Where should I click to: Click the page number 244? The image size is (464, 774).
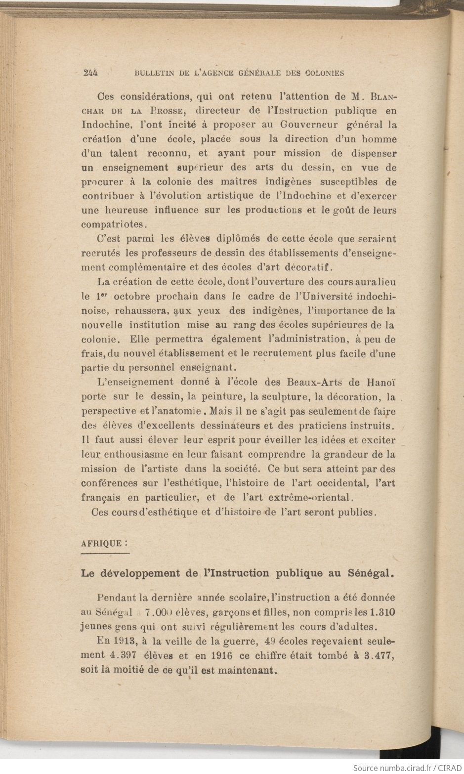pyautogui.click(x=90, y=73)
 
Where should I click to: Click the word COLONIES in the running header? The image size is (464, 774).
pyautogui.click(x=324, y=73)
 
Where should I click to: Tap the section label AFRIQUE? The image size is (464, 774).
pyautogui.click(x=101, y=543)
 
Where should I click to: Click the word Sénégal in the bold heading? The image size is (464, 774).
pyautogui.click(x=370, y=573)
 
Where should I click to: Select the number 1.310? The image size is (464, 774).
pyautogui.click(x=382, y=612)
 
